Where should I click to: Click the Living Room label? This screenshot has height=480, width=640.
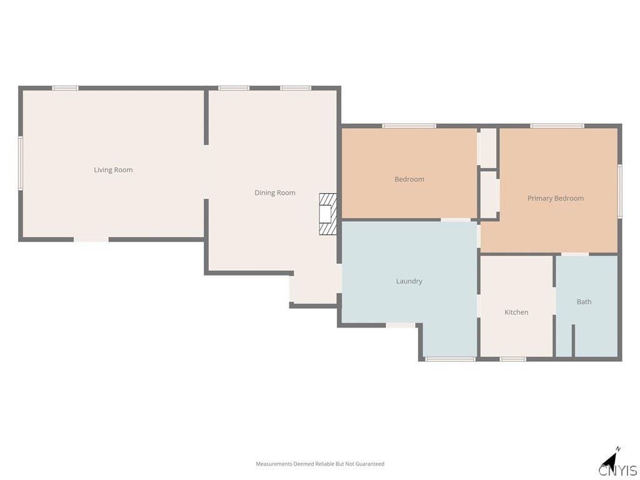point(113,170)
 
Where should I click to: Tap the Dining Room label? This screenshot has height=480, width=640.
point(275,192)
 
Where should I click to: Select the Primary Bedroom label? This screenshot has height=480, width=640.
point(556,198)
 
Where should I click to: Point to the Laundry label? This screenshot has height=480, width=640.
point(409,281)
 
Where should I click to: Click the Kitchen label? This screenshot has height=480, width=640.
point(516,312)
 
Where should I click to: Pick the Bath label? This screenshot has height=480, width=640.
point(584,302)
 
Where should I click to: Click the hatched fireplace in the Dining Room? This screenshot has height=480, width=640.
point(327,214)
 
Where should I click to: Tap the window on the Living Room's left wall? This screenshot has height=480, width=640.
point(20,163)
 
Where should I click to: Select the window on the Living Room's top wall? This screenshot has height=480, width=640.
point(65,88)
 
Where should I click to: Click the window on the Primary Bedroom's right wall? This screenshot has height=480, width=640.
point(619,191)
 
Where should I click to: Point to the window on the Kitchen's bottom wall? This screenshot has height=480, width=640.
point(512,359)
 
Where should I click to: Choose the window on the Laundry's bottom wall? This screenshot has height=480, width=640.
point(450,359)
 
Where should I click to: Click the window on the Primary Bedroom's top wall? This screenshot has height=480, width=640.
point(557,126)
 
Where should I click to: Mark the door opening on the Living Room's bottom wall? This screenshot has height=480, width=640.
point(91,239)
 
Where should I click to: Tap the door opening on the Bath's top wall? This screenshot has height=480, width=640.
point(575,254)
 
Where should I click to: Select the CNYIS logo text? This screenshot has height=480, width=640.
point(618,470)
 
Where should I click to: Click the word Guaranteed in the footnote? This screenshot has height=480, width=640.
point(370,464)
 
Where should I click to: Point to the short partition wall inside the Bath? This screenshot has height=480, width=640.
point(573,341)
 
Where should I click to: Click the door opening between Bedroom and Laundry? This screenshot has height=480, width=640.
point(456,220)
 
